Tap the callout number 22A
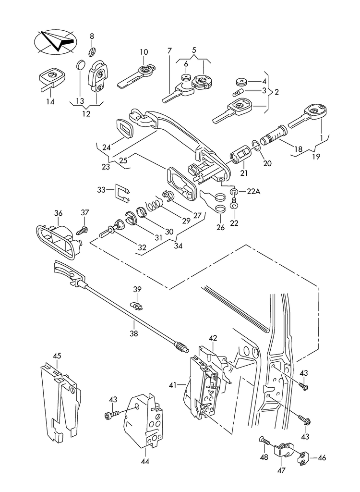coord(253,192)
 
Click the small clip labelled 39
coord(137,304)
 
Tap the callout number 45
coord(57,356)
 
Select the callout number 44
coord(145,462)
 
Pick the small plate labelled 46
coord(304,458)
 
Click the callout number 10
coord(144,52)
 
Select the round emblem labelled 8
coord(93,51)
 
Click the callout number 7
coord(169,51)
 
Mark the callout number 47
coord(282,470)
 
